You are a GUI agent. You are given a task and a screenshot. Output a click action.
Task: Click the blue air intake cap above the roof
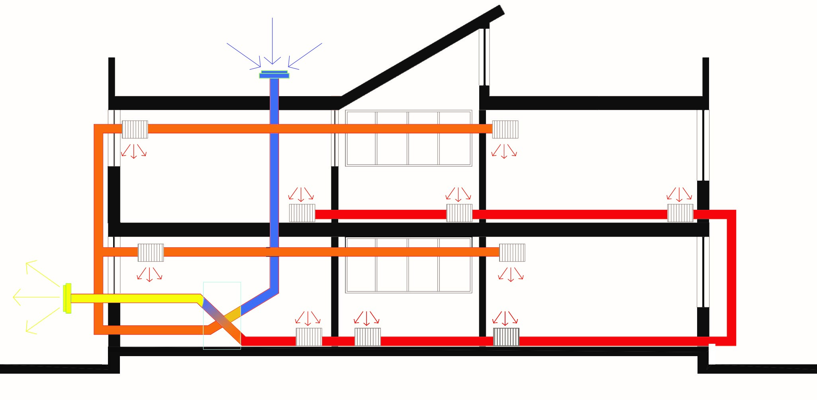click(x=274, y=75)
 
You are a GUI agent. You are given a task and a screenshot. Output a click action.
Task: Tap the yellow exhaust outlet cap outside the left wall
click(x=67, y=298)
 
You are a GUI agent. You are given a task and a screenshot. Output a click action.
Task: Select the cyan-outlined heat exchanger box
click(x=222, y=315)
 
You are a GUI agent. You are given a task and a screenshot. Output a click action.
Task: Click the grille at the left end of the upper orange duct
click(x=135, y=129)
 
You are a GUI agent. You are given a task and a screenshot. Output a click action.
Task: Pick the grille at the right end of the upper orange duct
click(x=505, y=129)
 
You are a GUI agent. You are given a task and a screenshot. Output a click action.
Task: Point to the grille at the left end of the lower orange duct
click(x=151, y=252)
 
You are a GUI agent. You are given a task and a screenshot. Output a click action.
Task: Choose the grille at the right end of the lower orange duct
click(x=512, y=252)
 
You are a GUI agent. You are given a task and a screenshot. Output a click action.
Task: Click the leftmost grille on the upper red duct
click(x=302, y=213)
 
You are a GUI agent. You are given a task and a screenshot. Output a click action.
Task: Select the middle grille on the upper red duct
click(x=459, y=213)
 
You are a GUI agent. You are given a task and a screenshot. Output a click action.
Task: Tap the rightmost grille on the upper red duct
click(x=680, y=213)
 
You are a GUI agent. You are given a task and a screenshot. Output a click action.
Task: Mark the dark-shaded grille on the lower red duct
click(x=506, y=337)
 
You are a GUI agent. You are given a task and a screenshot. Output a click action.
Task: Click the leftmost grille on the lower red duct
click(x=309, y=337)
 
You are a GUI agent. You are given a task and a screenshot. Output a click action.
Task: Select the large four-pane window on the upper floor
click(x=408, y=138)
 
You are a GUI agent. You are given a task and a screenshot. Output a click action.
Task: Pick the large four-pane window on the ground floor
click(x=408, y=265)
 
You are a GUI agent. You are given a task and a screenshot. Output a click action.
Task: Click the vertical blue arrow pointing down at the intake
click(x=272, y=40)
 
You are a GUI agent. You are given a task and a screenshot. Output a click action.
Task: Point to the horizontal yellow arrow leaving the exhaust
click(x=36, y=297)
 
